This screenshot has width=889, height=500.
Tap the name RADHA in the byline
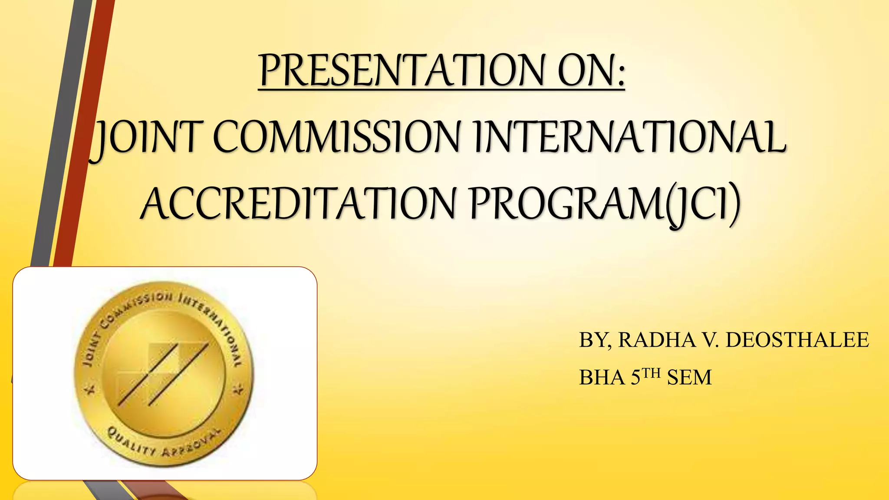(657, 340)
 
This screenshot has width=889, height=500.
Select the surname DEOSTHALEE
(797, 340)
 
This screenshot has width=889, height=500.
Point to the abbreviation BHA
(602, 378)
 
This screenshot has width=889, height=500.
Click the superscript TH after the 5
(651, 373)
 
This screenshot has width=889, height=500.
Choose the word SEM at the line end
(689, 378)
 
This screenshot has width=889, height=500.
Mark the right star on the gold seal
(238, 390)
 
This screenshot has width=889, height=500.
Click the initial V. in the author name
(710, 340)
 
